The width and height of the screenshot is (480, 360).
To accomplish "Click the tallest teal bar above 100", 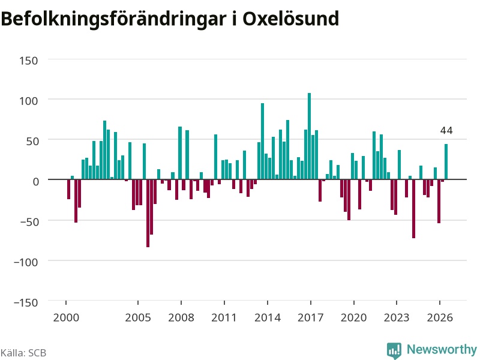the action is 309,136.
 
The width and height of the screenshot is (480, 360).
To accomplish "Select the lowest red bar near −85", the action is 148,213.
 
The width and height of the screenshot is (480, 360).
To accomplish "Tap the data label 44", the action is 446,131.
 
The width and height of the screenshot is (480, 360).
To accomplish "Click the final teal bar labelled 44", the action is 446,161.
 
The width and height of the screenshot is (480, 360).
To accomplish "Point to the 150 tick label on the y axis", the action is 28,61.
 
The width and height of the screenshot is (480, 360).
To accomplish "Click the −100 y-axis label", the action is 26,262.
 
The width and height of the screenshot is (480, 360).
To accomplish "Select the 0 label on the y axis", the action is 36,182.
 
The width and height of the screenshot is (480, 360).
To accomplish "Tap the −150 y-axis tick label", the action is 26,303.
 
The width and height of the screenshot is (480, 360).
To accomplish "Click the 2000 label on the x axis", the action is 66,317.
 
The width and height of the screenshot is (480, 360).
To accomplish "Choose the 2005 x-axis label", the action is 138,317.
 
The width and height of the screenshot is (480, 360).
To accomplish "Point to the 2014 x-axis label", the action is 268,317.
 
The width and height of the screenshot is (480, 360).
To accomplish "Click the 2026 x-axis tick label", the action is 440,317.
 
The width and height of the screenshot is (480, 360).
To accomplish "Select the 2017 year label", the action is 310,317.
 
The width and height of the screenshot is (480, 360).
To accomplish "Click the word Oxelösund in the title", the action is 291,19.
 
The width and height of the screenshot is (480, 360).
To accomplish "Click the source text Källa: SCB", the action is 23,353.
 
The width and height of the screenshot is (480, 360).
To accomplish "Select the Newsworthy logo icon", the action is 394,350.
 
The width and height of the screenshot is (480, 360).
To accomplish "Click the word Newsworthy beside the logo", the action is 442,349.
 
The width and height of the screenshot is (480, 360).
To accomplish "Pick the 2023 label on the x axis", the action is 397,317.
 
